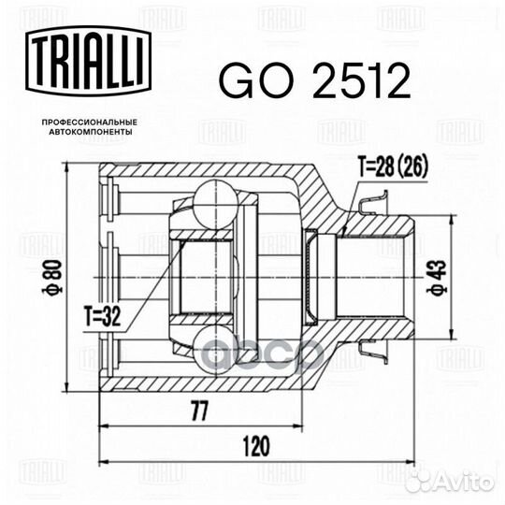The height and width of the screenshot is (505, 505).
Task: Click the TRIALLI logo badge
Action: coord(88,61)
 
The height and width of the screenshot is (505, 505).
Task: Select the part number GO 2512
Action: coord(314,80)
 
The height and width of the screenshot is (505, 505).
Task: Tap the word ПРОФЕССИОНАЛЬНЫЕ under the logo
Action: coord(90,123)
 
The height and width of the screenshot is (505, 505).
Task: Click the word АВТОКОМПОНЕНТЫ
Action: coord(90,132)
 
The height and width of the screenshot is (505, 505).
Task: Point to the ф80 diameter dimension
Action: coord(52,278)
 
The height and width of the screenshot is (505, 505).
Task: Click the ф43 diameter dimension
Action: coord(437,278)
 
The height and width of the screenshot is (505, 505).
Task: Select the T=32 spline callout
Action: coord(103,316)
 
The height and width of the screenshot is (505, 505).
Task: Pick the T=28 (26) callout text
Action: coord(393,167)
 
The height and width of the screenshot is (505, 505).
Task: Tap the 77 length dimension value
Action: coord(200,411)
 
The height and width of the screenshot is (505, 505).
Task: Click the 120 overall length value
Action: coord(256,447)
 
